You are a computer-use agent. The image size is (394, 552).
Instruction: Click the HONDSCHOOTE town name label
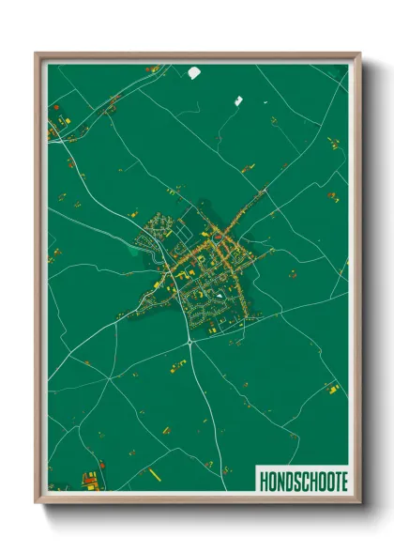point(300,479)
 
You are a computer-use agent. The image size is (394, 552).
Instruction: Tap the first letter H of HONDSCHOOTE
point(263,479)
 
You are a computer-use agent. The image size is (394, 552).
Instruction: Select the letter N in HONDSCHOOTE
point(279,479)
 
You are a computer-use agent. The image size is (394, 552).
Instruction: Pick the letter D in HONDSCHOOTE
point(286,479)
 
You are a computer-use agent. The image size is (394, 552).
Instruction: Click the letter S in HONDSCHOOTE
point(294,479)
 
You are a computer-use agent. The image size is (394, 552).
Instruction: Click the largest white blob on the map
point(195,71)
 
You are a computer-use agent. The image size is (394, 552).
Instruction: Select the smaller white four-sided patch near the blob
point(237,100)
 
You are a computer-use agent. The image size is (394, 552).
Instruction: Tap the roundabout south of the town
point(189,343)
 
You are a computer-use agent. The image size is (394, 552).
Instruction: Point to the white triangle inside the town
point(220,299)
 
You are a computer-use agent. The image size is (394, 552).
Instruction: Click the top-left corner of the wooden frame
point(37,54)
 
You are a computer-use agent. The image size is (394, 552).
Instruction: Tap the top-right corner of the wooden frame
point(359,54)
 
